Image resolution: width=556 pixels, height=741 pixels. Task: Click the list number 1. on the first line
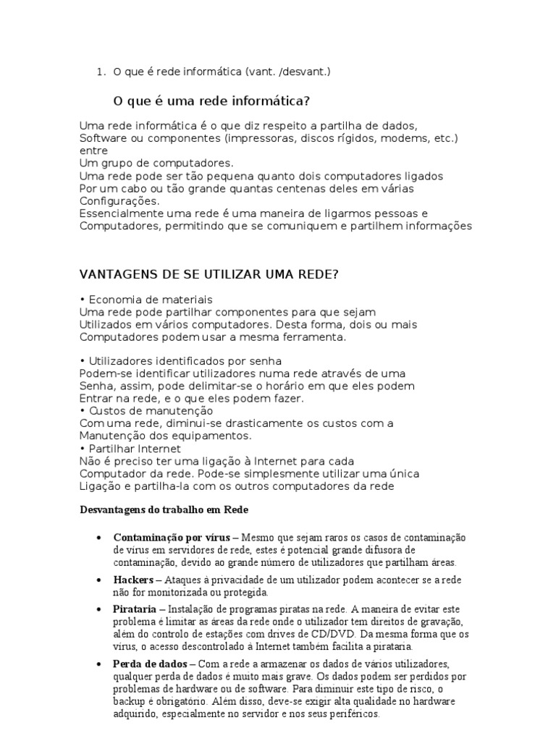[100, 71]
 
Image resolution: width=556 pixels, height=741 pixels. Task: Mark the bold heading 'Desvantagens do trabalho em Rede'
[164, 510]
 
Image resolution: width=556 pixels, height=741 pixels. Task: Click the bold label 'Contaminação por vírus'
[172, 538]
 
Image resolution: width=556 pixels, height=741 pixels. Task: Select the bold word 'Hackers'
[133, 580]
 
